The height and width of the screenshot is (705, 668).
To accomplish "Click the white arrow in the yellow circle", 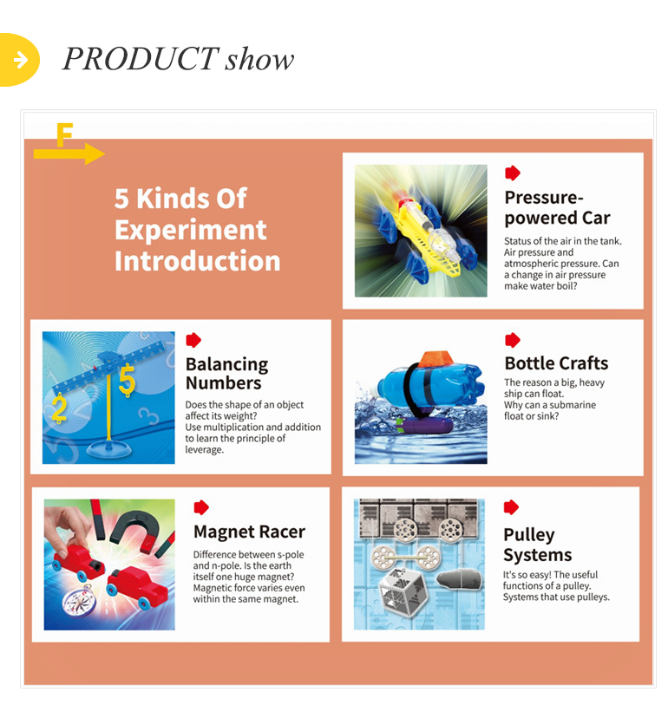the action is (21, 59).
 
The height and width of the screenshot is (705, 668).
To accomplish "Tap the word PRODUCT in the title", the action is (140, 59).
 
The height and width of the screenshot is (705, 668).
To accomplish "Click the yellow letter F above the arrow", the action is (64, 134).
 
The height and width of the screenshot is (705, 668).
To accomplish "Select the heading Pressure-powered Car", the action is (557, 207).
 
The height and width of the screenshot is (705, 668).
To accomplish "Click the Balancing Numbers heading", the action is (226, 373).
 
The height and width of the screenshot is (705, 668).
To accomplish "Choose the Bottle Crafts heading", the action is (556, 362).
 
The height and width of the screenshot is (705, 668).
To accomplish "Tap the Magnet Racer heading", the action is (249, 532).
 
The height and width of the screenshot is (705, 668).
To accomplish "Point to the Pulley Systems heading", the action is (538, 545).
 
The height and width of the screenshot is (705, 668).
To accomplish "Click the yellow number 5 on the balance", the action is (127, 381).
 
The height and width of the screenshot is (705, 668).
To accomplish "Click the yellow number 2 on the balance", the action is (59, 408).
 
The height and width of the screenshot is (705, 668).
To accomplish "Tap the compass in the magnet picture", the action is (79, 601).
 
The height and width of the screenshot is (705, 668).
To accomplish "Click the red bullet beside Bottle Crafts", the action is (512, 340).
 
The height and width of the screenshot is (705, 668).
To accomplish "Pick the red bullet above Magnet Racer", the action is (201, 507).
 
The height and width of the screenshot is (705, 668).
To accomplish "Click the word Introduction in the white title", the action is (198, 261).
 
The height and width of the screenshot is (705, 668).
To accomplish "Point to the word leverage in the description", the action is (204, 449).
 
